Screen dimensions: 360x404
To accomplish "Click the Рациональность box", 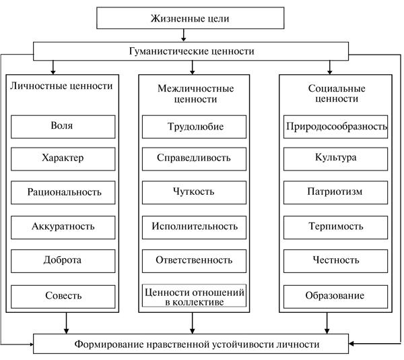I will pyautogui.click(x=65, y=192).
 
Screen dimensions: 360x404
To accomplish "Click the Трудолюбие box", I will pyautogui.click(x=194, y=126).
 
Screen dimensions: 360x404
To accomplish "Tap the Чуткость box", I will pyautogui.click(x=194, y=192).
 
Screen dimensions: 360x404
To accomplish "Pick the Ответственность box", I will pyautogui.click(x=194, y=260).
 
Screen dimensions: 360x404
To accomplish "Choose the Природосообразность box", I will pyautogui.click(x=336, y=126).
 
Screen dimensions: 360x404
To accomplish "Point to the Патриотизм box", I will pyautogui.click(x=336, y=192).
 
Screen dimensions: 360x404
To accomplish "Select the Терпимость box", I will pyautogui.click(x=336, y=226).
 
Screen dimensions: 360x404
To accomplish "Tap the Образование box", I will pyautogui.click(x=336, y=295).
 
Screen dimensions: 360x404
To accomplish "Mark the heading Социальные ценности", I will pyautogui.click(x=335, y=93).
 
